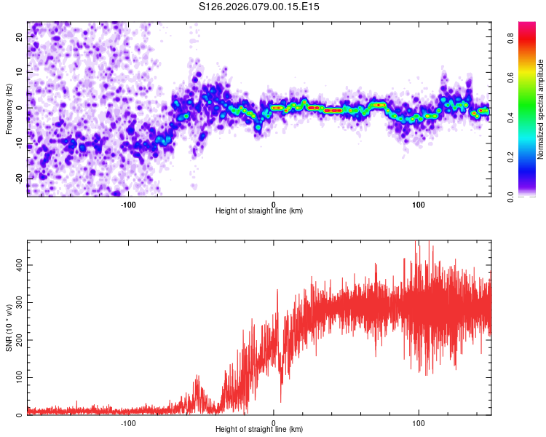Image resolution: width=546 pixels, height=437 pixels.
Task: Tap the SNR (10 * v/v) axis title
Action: pos(9,328)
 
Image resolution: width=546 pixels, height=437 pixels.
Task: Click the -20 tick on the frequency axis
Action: pos(18,178)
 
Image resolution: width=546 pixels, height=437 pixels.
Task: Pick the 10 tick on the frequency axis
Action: pos(20,72)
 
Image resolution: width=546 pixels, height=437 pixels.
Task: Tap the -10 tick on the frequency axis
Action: pos(18,143)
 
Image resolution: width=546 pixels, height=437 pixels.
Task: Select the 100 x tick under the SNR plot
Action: pos(418,423)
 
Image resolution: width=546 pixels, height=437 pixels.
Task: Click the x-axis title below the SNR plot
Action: pos(259,430)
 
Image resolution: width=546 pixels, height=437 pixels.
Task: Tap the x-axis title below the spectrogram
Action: pos(259,211)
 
